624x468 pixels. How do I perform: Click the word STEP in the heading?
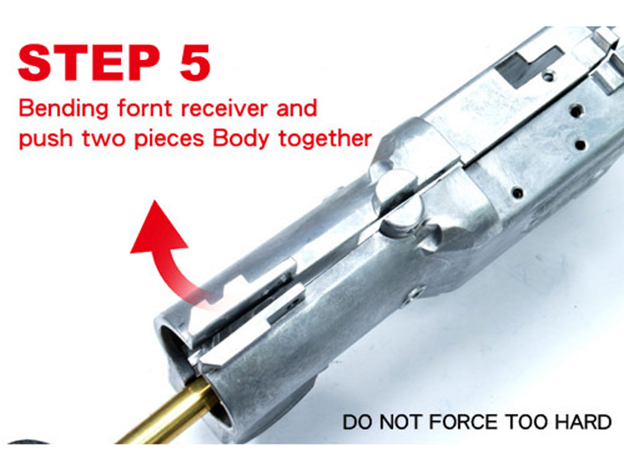(x=89, y=63)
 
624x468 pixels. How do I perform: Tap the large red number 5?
(x=195, y=63)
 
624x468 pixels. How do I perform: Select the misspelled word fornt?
(x=145, y=108)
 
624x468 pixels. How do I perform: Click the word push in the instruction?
(x=45, y=139)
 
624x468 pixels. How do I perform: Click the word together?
(x=325, y=139)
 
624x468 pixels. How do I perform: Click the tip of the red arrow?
(x=155, y=201)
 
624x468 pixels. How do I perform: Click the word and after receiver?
(x=297, y=108)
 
